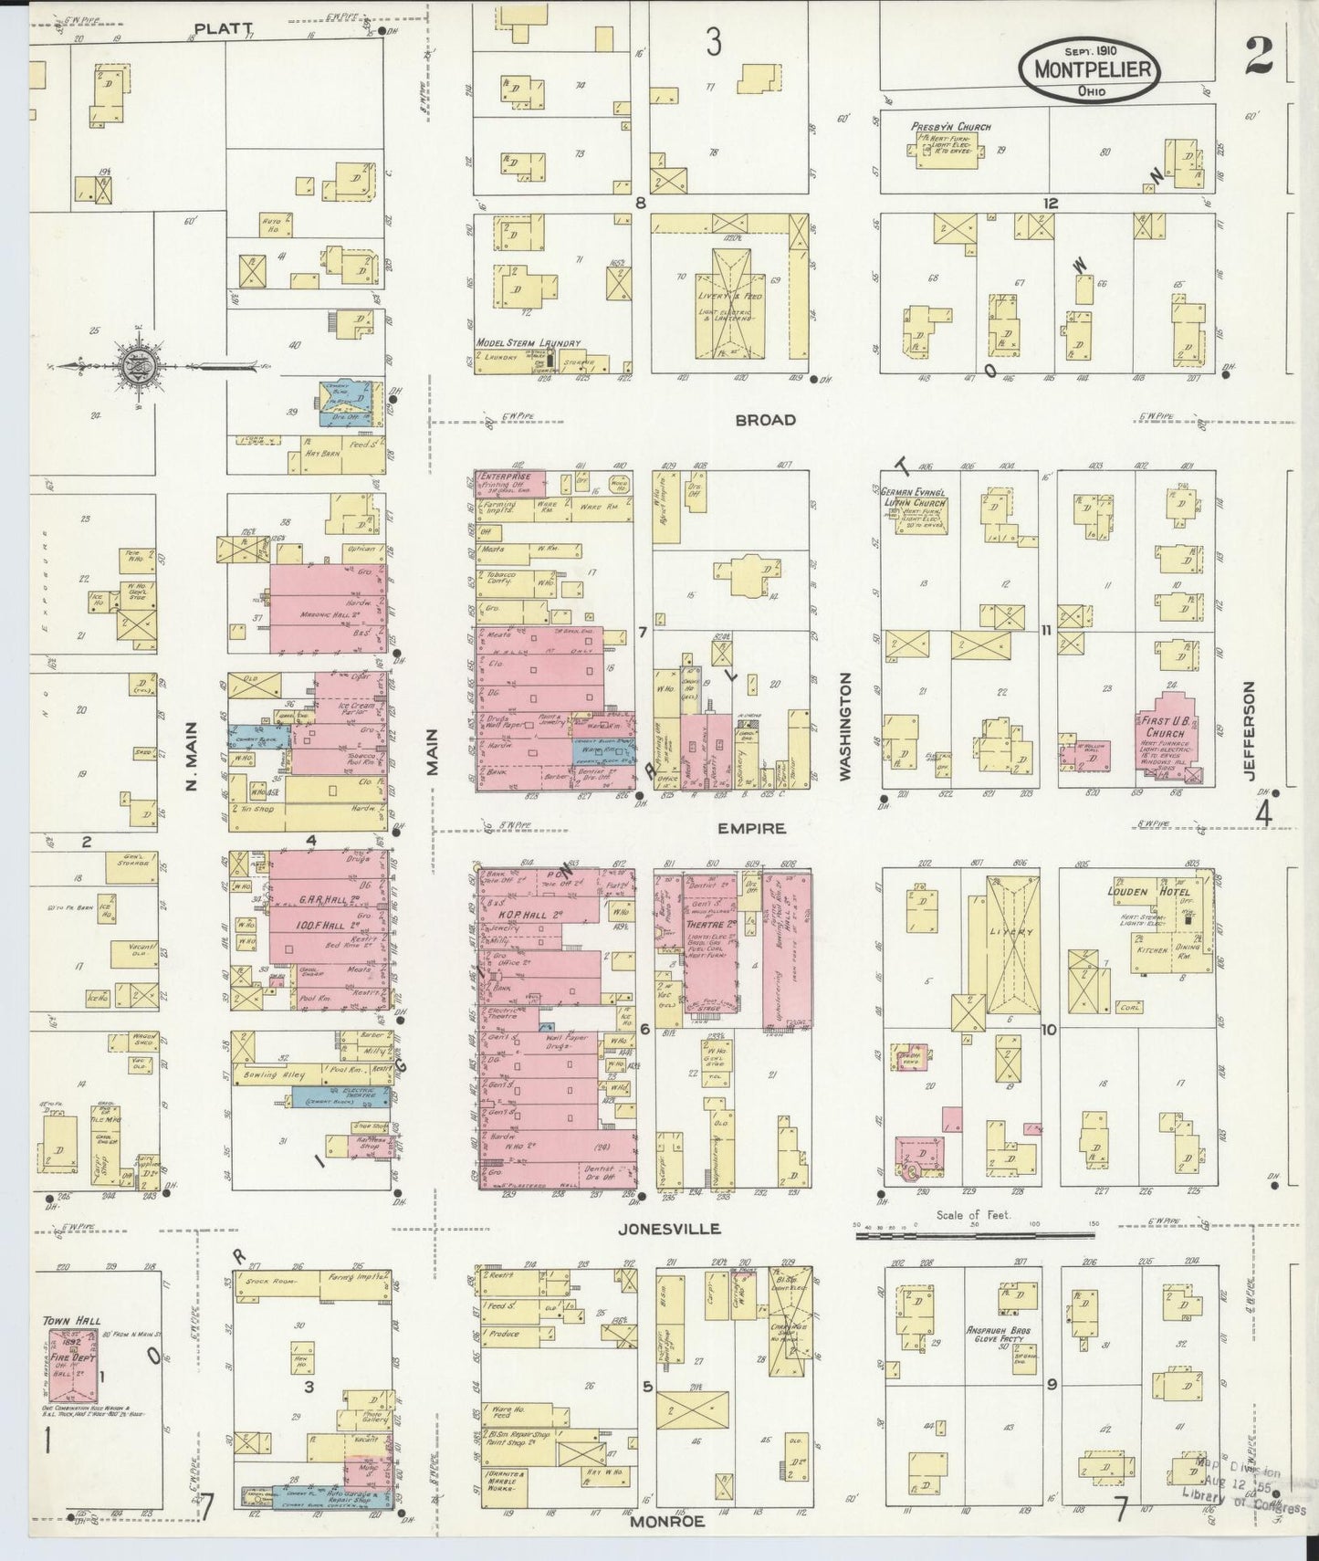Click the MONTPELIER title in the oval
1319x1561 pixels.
pyautogui.click(x=1092, y=69)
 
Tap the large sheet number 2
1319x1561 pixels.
pyautogui.click(x=1259, y=57)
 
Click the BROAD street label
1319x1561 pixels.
pyautogui.click(x=765, y=421)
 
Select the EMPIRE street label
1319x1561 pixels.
pyautogui.click(x=751, y=829)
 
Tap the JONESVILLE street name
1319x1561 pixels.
pyautogui.click(x=669, y=1229)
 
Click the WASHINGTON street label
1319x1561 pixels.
pyautogui.click(x=844, y=727)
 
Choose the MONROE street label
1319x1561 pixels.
pyautogui.click(x=666, y=1522)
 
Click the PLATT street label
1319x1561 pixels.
pyautogui.click(x=224, y=28)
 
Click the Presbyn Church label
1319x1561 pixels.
pyautogui.click(x=949, y=127)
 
